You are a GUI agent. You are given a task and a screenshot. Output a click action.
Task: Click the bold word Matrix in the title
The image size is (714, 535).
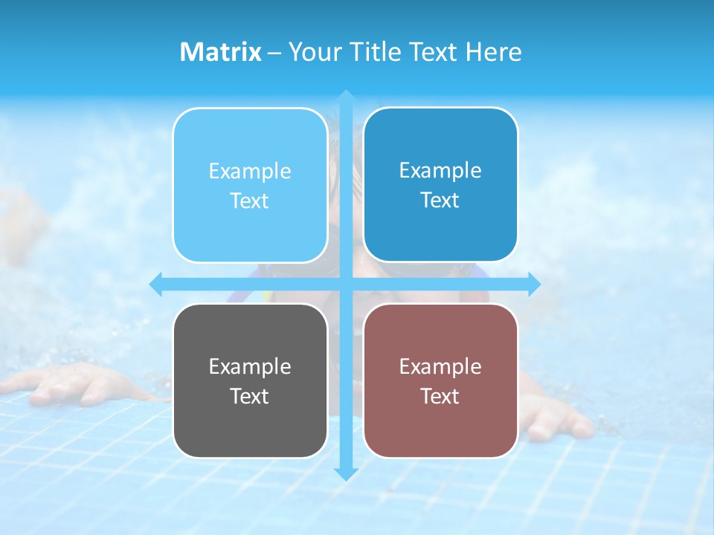pyautogui.click(x=220, y=52)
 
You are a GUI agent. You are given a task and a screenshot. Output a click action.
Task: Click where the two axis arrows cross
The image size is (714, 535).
pyautogui.click(x=346, y=284)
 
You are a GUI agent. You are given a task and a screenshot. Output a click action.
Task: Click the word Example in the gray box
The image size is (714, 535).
pyautogui.click(x=250, y=366)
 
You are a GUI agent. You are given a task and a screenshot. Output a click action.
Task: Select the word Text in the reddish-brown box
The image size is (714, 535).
pyautogui.click(x=440, y=396)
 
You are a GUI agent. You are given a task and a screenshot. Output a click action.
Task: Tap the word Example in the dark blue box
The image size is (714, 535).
pyautogui.click(x=440, y=170)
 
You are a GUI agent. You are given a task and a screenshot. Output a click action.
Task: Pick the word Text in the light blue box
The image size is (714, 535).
pyautogui.click(x=250, y=201)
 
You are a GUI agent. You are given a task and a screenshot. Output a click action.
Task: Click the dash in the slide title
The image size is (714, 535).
pyautogui.click(x=274, y=53)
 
